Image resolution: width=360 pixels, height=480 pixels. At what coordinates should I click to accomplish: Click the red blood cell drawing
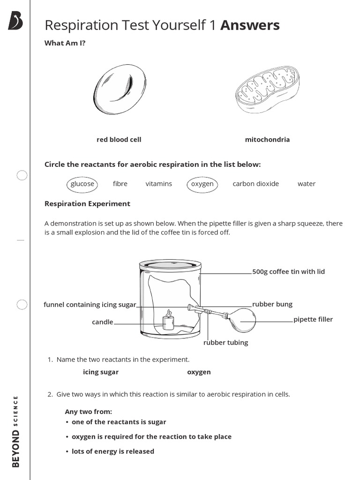coord(120,87)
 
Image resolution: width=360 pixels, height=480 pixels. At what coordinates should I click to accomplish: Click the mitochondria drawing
coord(266,89)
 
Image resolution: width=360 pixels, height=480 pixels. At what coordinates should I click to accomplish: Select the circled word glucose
coord(82,184)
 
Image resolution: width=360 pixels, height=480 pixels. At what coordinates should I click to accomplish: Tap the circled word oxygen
coord(202,184)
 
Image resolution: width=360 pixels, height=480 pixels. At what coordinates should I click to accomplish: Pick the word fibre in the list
coord(120,184)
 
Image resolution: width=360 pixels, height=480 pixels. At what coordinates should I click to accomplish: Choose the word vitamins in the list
coord(158,184)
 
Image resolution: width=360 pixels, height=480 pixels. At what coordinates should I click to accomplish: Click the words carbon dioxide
coord(255,184)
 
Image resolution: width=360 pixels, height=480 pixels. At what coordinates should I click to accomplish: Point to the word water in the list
coord(307,184)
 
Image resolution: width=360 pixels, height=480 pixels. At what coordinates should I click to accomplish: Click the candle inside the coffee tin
coord(168,322)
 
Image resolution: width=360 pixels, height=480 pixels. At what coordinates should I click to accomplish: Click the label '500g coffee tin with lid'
coord(288,271)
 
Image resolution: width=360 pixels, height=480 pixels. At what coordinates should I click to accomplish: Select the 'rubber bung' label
coord(272,304)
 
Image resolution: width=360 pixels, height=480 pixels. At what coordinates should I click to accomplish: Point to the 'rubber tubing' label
coord(225,343)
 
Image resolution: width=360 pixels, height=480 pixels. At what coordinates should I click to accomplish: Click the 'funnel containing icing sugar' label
coord(90,305)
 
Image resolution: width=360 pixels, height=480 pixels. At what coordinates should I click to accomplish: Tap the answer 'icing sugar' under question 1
coord(101,372)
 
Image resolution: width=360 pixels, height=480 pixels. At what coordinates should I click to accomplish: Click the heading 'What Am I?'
coord(65,43)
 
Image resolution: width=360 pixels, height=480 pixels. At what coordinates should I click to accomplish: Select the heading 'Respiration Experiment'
coord(87,204)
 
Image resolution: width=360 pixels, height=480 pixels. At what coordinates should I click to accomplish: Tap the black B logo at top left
coord(15,22)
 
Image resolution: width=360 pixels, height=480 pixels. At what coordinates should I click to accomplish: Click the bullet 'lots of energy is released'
coord(112,451)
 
